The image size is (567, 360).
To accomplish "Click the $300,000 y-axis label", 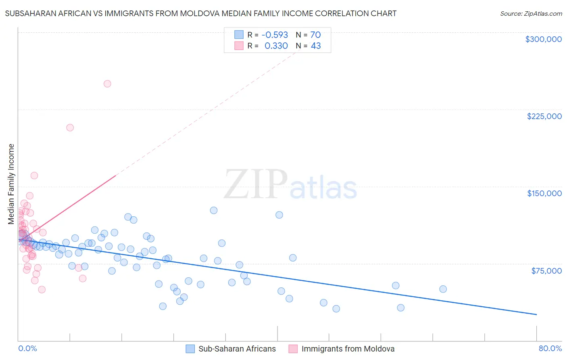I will pyautogui.click(x=543, y=39).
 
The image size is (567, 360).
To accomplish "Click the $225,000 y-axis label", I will pyautogui.click(x=544, y=116).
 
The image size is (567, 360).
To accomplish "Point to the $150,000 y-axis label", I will pyautogui.click(x=544, y=193).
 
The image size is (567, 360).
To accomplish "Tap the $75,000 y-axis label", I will pyautogui.click(x=546, y=271).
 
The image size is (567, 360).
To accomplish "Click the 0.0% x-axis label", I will pyautogui.click(x=27, y=349).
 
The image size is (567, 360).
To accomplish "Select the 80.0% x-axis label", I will pyautogui.click(x=550, y=349).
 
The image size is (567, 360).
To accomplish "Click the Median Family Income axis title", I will pyautogui.click(x=11, y=184).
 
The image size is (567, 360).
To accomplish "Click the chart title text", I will pyautogui.click(x=201, y=13).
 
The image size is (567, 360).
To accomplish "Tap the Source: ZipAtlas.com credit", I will pyautogui.click(x=531, y=14).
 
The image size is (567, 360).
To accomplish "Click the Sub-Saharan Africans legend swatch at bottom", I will pyautogui.click(x=190, y=349).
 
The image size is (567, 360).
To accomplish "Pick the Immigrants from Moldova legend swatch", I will pyautogui.click(x=293, y=349).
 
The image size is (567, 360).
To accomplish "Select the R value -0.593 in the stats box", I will pyautogui.click(x=275, y=35).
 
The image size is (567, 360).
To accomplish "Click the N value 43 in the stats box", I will pyautogui.click(x=316, y=46).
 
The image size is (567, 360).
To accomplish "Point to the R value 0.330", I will pyautogui.click(x=276, y=46).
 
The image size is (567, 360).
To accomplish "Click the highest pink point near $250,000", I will pyautogui.click(x=107, y=84).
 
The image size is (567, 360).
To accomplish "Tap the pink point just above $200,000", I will pyautogui.click(x=70, y=128).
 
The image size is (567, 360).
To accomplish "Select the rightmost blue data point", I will pyautogui.click(x=443, y=289).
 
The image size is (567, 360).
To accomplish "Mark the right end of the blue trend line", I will pyautogui.click(x=536, y=314).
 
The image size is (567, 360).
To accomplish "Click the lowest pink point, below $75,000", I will pyautogui.click(x=42, y=289).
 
